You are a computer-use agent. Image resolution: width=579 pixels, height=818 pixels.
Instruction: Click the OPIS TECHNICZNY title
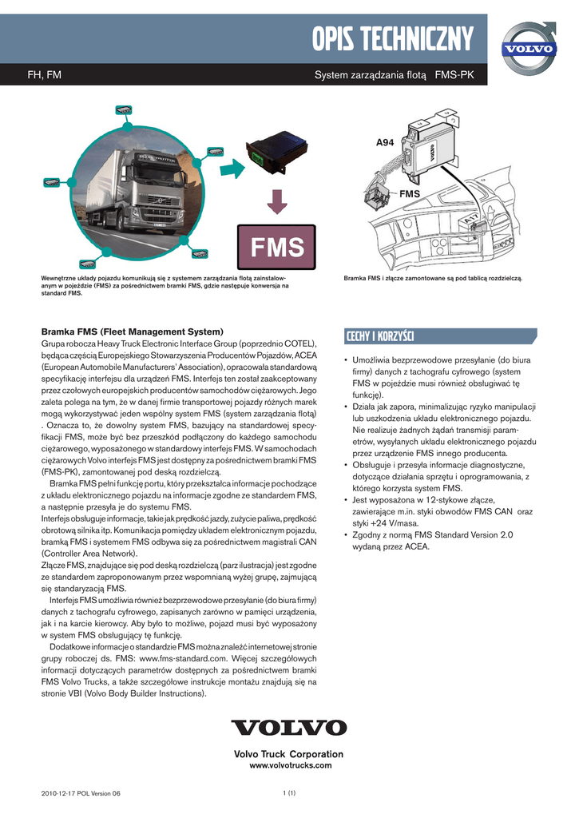393,39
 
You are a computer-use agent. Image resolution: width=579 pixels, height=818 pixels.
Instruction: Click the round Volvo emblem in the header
529,49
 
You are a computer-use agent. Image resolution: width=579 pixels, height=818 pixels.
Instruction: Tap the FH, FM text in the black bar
45,75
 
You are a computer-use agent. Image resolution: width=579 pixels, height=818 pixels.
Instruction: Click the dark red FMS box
277,247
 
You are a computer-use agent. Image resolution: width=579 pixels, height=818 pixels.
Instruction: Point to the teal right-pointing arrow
232,168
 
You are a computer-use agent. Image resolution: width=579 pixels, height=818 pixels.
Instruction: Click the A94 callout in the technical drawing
385,142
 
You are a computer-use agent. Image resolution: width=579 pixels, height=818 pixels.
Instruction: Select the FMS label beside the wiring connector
410,193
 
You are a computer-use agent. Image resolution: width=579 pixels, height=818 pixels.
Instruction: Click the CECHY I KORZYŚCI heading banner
441,336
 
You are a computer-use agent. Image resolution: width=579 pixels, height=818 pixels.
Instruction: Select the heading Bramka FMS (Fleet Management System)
133,332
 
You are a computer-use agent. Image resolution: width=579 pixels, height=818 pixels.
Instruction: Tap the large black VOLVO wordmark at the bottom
289,727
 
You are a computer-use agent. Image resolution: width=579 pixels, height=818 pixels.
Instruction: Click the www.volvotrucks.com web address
291,765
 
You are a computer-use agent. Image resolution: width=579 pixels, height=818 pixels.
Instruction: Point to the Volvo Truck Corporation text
288,754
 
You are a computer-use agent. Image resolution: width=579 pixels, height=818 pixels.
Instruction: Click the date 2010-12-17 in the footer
58,793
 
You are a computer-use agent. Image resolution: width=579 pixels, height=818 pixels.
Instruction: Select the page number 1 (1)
289,793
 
